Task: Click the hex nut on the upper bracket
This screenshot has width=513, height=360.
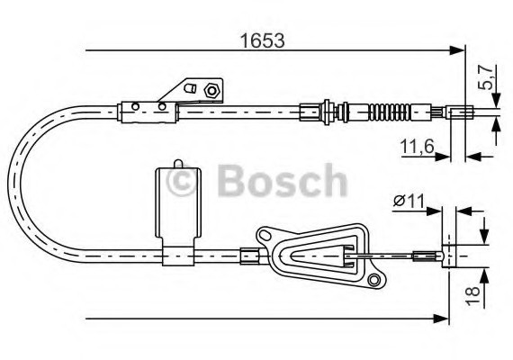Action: coord(210,89)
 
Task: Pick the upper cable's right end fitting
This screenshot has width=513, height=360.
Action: coord(460,114)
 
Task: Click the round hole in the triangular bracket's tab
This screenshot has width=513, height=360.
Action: coord(266,237)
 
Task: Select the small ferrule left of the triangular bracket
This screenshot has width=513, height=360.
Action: coord(247,256)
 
